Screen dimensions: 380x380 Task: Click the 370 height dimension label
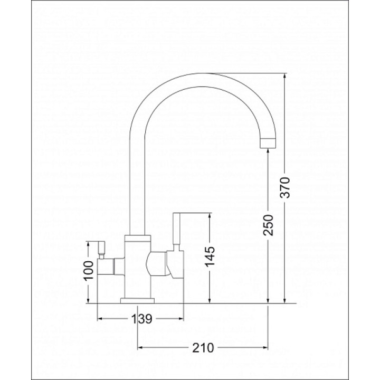click(286, 187)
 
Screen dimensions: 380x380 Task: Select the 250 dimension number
click(268, 225)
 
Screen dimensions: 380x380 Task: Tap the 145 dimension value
click(210, 256)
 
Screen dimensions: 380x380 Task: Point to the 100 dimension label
click(89, 270)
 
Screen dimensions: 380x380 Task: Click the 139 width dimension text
click(142, 319)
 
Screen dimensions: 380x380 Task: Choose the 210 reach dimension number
click(203, 348)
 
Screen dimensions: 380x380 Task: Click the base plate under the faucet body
click(137, 300)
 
